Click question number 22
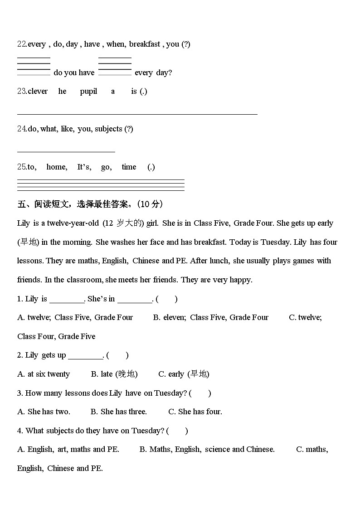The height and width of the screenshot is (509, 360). click(22, 44)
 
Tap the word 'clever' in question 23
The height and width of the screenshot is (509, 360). click(38, 92)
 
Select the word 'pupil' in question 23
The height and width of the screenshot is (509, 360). click(88, 92)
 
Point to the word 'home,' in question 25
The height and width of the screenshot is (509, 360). click(57, 167)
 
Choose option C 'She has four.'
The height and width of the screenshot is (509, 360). click(195, 412)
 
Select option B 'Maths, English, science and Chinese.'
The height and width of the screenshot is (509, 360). click(207, 450)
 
